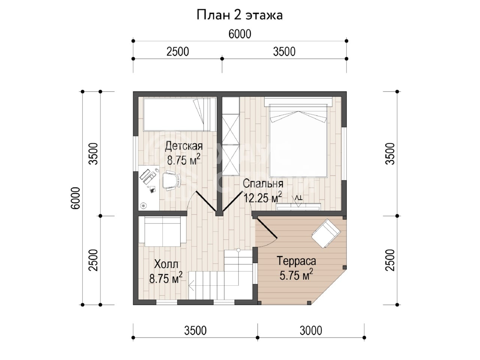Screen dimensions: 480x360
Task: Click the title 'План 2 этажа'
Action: [240, 15]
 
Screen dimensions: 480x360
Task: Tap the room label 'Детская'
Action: [184, 146]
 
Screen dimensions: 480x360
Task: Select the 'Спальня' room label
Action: [263, 184]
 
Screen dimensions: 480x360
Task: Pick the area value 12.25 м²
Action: [262, 198]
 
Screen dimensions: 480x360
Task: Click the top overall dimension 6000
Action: [240, 34]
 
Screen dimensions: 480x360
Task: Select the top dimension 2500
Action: [178, 52]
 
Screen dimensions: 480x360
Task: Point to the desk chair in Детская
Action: [171, 180]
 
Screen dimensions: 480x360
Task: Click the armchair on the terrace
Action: [326, 233]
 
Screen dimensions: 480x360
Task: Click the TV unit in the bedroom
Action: [298, 207]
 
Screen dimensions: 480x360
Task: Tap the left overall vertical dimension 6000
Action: [76, 198]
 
